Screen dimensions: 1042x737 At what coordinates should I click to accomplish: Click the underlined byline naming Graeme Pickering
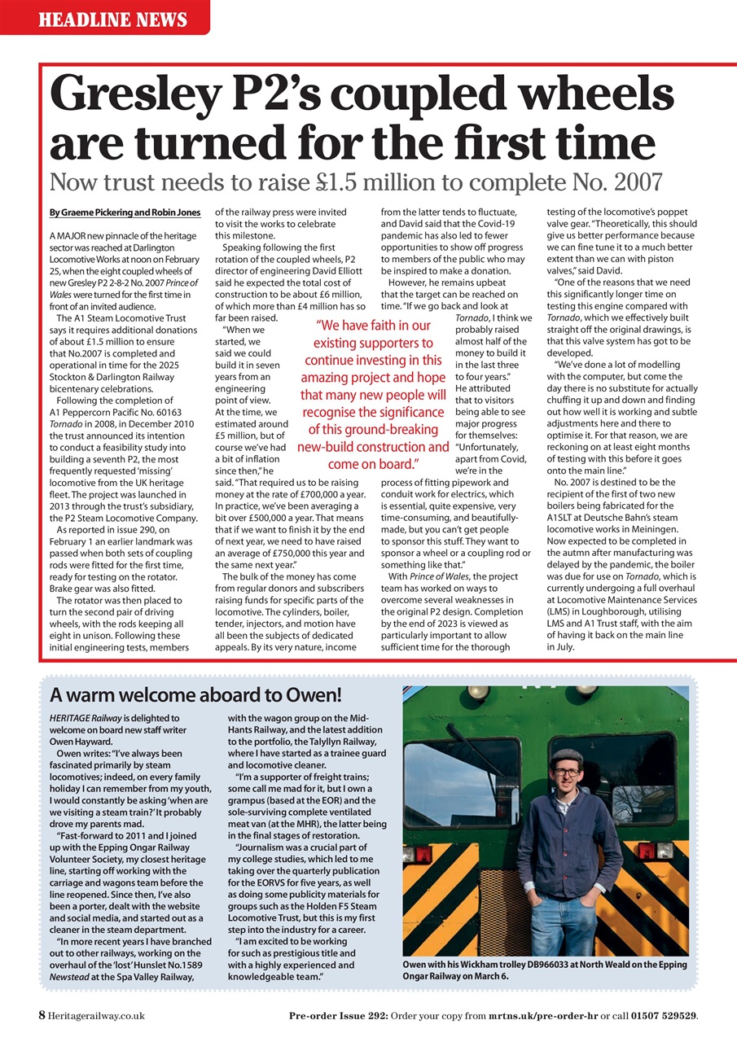pos(125,212)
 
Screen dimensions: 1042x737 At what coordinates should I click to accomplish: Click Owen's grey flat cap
pos(567,756)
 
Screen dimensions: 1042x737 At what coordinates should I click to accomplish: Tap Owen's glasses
pos(567,770)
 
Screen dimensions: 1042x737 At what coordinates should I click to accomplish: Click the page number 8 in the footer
pos(41,1015)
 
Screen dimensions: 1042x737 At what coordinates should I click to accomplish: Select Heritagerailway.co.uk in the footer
pos(96,1016)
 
